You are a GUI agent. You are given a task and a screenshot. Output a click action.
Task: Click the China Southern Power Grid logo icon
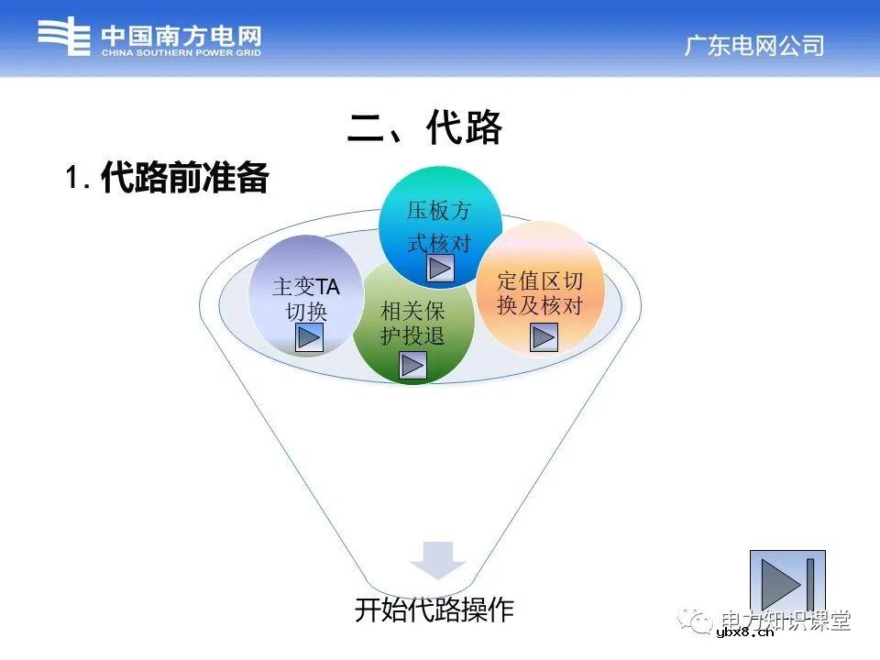pyautogui.click(x=64, y=38)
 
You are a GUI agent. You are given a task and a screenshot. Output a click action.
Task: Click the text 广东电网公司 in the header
pyautogui.click(x=753, y=46)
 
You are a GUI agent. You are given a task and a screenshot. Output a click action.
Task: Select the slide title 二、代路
pyautogui.click(x=424, y=128)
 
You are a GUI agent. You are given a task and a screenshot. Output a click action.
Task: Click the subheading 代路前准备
pyautogui.click(x=184, y=178)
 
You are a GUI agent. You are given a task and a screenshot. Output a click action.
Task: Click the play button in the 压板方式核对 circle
pyautogui.click(x=441, y=268)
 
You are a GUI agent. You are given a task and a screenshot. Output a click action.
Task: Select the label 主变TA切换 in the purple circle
pyautogui.click(x=305, y=299)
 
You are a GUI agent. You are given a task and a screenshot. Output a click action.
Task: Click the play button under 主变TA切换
pyautogui.click(x=309, y=338)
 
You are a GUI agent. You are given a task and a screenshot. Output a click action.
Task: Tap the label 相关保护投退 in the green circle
pyautogui.click(x=412, y=324)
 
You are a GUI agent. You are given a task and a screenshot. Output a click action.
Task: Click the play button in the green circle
pyautogui.click(x=413, y=365)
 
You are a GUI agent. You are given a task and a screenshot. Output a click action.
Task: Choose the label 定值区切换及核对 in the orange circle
pyautogui.click(x=540, y=293)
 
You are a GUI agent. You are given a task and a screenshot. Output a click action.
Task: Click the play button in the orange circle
pyautogui.click(x=544, y=337)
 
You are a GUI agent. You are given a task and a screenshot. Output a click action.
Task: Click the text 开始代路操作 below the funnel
pyautogui.click(x=434, y=610)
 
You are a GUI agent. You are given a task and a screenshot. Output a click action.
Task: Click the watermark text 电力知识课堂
pyautogui.click(x=786, y=620)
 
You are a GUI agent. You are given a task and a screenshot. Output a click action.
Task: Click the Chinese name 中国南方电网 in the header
pyautogui.click(x=181, y=35)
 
